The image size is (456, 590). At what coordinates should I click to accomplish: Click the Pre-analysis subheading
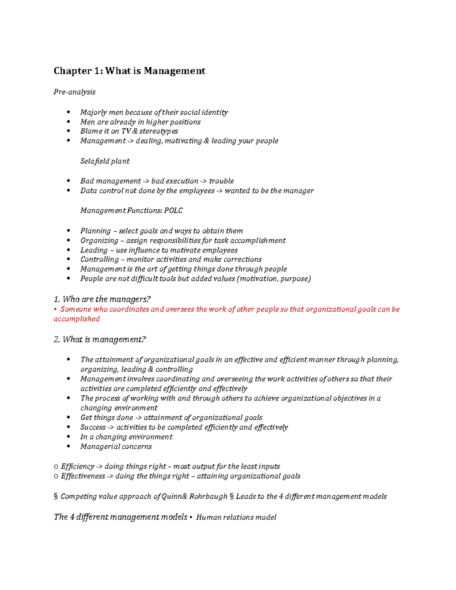[74, 92]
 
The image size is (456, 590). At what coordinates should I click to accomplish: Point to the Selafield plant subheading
[105, 161]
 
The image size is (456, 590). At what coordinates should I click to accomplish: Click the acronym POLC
[173, 210]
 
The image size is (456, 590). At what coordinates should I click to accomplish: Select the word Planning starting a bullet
[95, 231]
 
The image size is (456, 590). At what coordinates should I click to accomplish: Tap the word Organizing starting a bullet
[99, 241]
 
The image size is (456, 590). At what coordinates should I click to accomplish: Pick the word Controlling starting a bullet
[100, 259]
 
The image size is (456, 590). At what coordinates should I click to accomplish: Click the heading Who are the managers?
[103, 299]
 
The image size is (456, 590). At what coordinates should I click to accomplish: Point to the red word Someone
[76, 309]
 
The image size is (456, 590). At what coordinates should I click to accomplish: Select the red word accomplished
[77, 319]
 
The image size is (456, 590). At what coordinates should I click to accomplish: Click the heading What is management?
[100, 340]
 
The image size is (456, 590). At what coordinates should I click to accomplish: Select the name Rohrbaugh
[208, 497]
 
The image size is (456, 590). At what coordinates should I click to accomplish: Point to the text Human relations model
[236, 517]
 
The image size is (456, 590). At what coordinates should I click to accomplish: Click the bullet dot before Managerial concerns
[68, 447]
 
